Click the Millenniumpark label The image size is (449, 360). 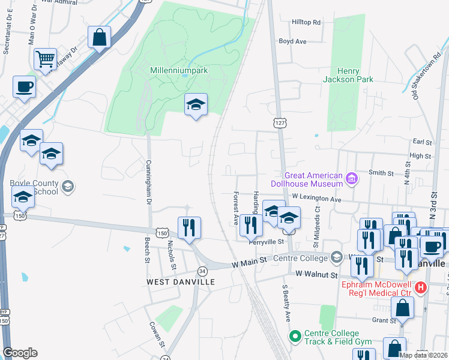(178, 70)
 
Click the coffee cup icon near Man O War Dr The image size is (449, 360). (24, 86)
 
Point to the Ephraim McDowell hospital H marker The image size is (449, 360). (421, 288)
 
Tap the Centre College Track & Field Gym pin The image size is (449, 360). (294, 337)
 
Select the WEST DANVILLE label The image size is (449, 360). (172, 281)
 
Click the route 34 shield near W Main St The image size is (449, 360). (203, 271)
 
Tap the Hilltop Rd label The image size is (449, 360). (306, 22)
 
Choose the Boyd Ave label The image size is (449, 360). (292, 41)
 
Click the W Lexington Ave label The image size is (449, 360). (317, 198)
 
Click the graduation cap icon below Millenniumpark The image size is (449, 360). (196, 104)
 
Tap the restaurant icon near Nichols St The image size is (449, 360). (189, 228)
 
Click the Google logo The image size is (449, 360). (20, 353)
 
